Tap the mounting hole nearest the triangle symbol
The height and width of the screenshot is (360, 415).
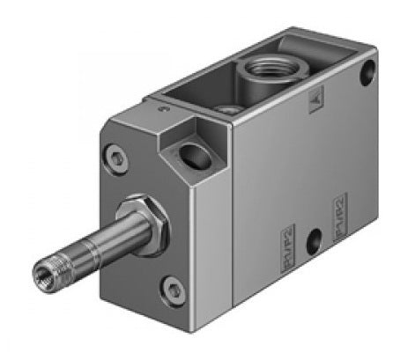coord(366,77)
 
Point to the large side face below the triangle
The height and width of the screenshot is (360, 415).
coord(326,158)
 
